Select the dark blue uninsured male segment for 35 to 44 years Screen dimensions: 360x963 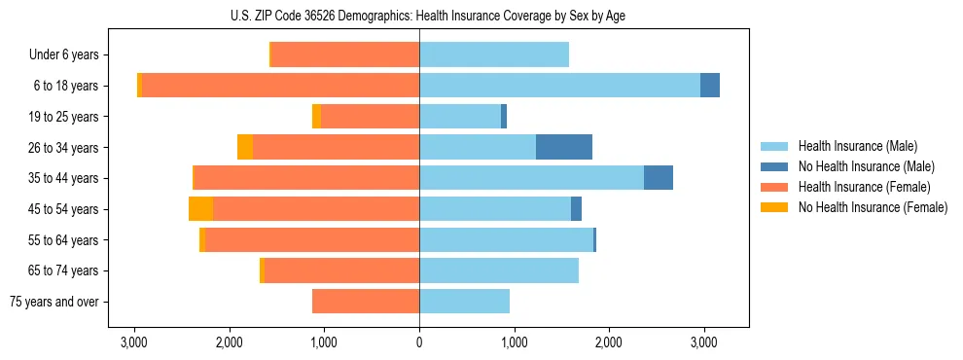659,178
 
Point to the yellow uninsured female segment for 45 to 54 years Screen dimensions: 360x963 200,209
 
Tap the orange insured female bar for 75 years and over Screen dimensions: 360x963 366,302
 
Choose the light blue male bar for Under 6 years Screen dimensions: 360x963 494,55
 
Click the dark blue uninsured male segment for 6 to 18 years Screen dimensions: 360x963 710,86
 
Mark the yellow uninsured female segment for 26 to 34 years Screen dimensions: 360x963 245,147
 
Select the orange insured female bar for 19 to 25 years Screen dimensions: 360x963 370,117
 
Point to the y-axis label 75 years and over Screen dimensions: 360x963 54,302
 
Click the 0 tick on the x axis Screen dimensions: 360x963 419,342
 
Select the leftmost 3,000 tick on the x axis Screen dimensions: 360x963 134,342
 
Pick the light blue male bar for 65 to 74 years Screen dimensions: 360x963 499,270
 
